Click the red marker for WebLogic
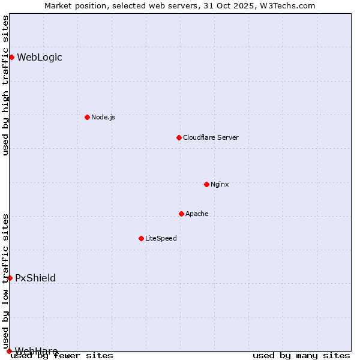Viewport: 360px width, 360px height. click(x=11, y=57)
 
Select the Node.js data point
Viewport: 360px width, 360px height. click(x=87, y=117)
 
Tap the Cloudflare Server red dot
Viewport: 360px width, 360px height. click(x=179, y=137)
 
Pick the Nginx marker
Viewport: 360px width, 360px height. click(x=206, y=184)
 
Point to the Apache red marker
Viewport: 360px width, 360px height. click(x=181, y=214)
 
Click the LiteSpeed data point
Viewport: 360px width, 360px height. click(x=141, y=238)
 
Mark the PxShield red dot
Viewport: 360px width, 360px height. click(x=10, y=278)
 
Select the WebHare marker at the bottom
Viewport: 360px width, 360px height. click(x=9, y=351)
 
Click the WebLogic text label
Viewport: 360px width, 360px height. click(x=39, y=58)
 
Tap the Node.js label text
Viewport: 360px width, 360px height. click(x=103, y=117)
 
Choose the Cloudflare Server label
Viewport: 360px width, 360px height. click(x=211, y=137)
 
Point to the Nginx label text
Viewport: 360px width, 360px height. click(x=220, y=184)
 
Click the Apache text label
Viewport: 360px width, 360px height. click(x=197, y=214)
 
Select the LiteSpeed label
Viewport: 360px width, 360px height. click(x=161, y=238)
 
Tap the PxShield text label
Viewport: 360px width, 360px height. click(x=35, y=278)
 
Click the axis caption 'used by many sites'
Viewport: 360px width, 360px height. click(x=301, y=355)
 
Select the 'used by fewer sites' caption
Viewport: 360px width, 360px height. click(x=62, y=355)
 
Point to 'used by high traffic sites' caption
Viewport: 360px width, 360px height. click(x=5, y=85)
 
